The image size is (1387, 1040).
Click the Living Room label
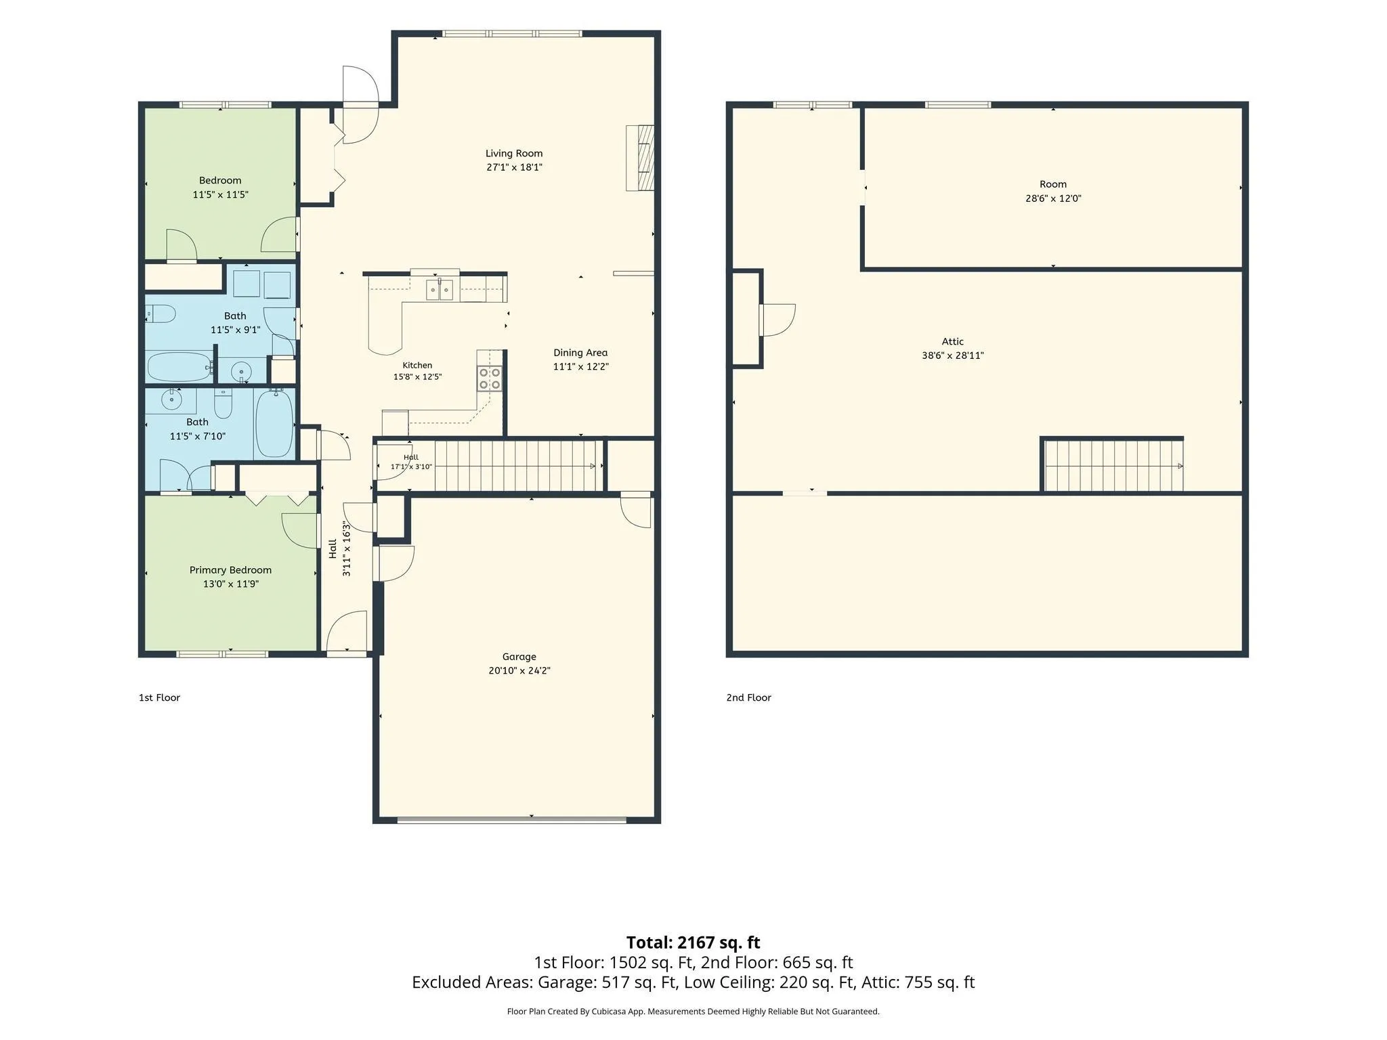click(514, 154)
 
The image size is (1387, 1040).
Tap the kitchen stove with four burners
click(490, 378)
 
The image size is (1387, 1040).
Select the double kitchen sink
click(440, 289)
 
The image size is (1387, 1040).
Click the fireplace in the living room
click(640, 158)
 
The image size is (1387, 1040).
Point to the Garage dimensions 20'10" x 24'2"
click(519, 671)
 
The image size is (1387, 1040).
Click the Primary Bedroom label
click(230, 570)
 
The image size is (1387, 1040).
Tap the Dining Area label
click(580, 353)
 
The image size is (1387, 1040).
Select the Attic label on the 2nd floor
click(952, 342)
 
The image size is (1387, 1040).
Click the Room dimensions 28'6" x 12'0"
click(1053, 199)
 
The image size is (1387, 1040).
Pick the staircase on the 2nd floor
click(1113, 466)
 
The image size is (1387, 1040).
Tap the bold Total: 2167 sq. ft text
click(693, 942)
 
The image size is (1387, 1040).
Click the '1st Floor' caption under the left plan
click(159, 697)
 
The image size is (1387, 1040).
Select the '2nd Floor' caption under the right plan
click(748, 697)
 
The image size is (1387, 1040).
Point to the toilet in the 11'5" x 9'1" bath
click(161, 314)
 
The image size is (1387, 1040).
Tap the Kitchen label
click(417, 366)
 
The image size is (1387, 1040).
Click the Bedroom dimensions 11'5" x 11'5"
click(220, 195)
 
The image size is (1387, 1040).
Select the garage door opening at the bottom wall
click(511, 821)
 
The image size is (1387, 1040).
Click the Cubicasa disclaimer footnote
click(693, 1012)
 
